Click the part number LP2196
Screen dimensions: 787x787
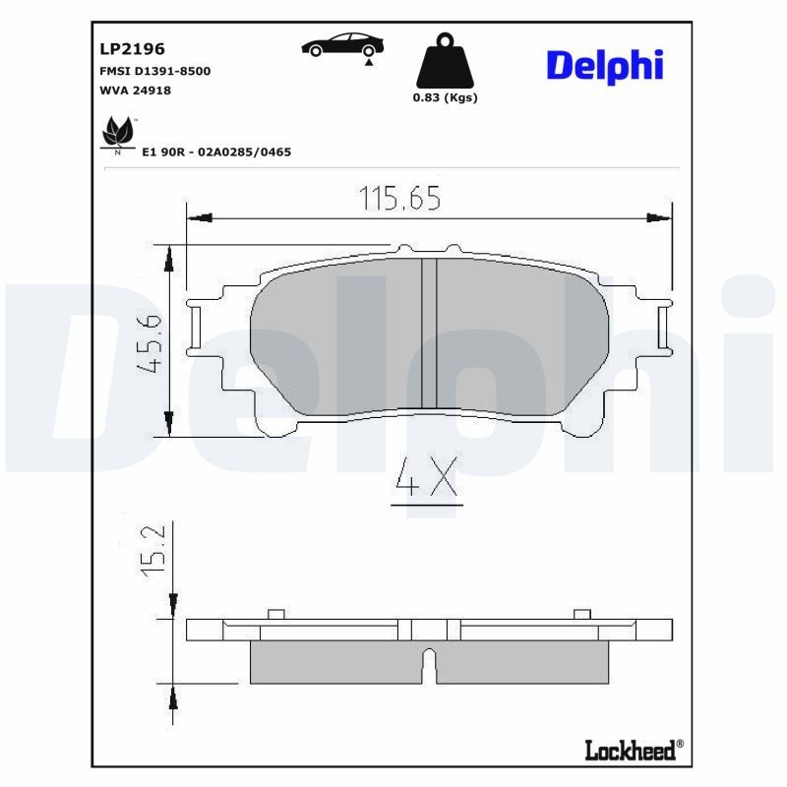pos(132,48)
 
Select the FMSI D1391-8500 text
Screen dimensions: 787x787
pos(154,72)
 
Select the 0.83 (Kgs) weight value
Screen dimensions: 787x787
pos(445,97)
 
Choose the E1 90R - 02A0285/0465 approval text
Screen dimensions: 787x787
pos(216,152)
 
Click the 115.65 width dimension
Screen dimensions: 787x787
pos(398,199)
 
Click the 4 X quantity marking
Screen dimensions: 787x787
pos(426,480)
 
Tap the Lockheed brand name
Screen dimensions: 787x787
pos(632,751)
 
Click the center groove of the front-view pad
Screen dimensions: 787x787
pos(429,333)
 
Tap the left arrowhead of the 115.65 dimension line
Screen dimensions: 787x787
pos(195,216)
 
